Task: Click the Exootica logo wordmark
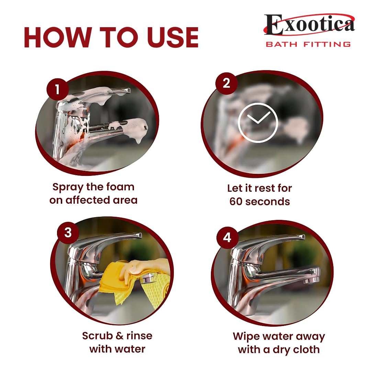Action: [310, 24]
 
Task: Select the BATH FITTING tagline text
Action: [308, 44]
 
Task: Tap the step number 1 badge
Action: [57, 89]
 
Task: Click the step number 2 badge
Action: [226, 83]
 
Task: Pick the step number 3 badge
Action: [68, 233]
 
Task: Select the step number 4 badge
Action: [227, 237]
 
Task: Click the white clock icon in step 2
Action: [258, 123]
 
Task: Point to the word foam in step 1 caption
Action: [120, 187]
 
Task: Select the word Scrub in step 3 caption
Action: [97, 336]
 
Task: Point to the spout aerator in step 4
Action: [312, 280]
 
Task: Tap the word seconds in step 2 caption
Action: [268, 202]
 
